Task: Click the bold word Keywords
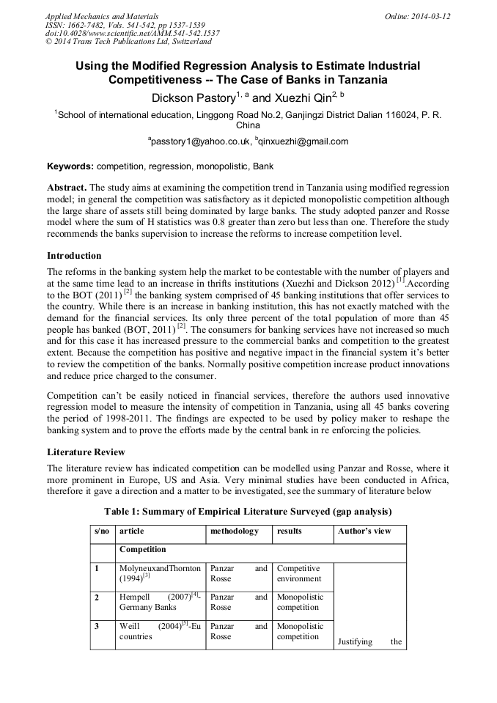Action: [x=70, y=166]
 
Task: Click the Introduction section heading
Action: [x=74, y=256]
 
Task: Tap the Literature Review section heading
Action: [x=86, y=452]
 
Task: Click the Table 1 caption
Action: [x=248, y=511]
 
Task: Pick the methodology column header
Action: [x=235, y=531]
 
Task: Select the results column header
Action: [x=290, y=531]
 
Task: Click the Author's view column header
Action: [x=364, y=531]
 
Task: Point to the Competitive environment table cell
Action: [x=298, y=573]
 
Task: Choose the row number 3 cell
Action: [x=96, y=626]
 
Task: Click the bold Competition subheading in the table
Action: [x=142, y=548]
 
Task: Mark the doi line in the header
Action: [x=132, y=33]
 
